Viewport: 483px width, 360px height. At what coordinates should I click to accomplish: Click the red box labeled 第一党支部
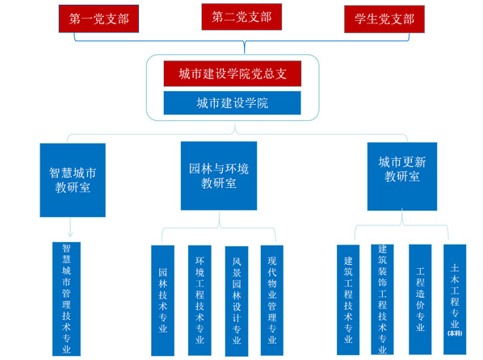point(99,19)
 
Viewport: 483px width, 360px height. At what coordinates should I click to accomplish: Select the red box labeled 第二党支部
point(241,17)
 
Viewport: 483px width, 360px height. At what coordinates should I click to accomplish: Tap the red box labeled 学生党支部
point(384,19)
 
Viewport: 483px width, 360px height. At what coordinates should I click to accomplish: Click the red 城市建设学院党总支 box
point(233,73)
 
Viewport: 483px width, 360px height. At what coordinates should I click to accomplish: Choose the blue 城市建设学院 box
point(233,103)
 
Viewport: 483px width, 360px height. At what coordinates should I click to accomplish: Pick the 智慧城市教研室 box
point(73,180)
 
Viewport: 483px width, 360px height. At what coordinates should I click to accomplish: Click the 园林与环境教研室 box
point(219,176)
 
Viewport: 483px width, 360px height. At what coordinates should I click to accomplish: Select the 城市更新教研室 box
point(402,177)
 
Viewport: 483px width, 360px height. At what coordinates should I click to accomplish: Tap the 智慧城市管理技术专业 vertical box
point(66,299)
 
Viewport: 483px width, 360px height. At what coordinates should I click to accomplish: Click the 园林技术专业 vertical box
point(162,300)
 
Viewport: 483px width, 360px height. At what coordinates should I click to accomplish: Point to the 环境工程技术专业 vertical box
point(199,300)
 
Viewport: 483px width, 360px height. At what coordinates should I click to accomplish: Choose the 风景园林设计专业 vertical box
point(237,301)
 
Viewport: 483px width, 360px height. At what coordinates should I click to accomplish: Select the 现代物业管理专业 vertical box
point(272,300)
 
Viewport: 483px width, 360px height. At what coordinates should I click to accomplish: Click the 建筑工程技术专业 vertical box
point(348,300)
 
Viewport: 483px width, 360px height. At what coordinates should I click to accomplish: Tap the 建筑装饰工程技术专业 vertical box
point(382,299)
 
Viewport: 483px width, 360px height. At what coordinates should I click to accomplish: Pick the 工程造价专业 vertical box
point(420,299)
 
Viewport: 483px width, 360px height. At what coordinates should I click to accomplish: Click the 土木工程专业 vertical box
point(455,299)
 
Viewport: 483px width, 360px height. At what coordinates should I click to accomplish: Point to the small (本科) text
point(455,333)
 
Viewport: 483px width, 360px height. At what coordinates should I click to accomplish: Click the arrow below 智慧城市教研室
point(70,228)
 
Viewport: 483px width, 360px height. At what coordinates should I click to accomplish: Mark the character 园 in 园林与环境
point(195,169)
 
